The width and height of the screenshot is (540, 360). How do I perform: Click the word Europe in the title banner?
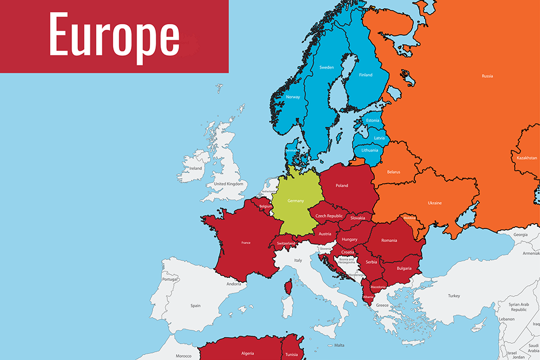click(x=114, y=36)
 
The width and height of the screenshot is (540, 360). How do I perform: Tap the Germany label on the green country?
click(x=295, y=201)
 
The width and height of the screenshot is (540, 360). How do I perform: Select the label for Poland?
click(x=342, y=186)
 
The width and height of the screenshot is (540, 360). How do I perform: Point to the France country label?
click(x=246, y=243)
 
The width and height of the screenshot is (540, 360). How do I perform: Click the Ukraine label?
click(x=434, y=203)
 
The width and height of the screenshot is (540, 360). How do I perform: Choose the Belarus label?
click(x=394, y=172)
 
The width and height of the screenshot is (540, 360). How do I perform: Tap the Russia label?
click(x=487, y=76)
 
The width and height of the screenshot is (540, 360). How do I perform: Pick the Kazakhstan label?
click(x=524, y=158)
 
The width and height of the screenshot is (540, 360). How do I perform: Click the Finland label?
click(x=366, y=75)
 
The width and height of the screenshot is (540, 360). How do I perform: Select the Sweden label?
click(x=327, y=67)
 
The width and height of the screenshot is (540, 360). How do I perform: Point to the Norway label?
click(x=292, y=97)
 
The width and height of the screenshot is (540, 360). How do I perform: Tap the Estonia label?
click(x=373, y=120)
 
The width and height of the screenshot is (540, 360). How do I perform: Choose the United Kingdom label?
click(x=229, y=184)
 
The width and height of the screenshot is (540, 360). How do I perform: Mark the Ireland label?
click(x=196, y=168)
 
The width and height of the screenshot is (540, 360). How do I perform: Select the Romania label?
click(x=389, y=240)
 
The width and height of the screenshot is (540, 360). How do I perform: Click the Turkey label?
click(x=453, y=296)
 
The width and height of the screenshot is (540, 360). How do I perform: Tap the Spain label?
click(x=196, y=306)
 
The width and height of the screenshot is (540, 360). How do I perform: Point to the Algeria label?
click(x=247, y=354)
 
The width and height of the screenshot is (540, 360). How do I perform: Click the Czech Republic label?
click(x=329, y=216)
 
